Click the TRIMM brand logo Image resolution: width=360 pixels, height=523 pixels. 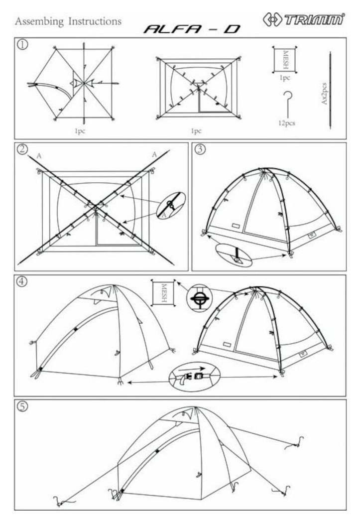point(304,19)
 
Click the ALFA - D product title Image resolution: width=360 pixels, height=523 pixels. point(192,29)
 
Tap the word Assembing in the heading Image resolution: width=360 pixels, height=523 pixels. point(39,21)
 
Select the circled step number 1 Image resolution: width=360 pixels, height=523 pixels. point(22,45)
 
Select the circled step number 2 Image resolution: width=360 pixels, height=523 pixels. point(22,149)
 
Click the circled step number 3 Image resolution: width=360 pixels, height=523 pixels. point(200,149)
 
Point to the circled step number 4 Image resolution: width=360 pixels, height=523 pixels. point(22,281)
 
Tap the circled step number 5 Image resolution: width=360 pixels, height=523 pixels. point(22,406)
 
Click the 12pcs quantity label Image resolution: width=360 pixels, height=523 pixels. point(287,123)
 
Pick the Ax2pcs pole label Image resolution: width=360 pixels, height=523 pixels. point(324,94)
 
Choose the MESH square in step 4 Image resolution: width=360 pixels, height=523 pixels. point(163,292)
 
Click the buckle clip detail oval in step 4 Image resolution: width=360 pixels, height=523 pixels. point(194,378)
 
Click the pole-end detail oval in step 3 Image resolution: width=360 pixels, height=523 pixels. point(235,256)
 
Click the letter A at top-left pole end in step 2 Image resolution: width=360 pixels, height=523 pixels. point(39,155)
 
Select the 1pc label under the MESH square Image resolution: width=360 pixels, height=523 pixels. point(285,78)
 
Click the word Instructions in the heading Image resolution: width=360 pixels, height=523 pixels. point(95,21)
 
